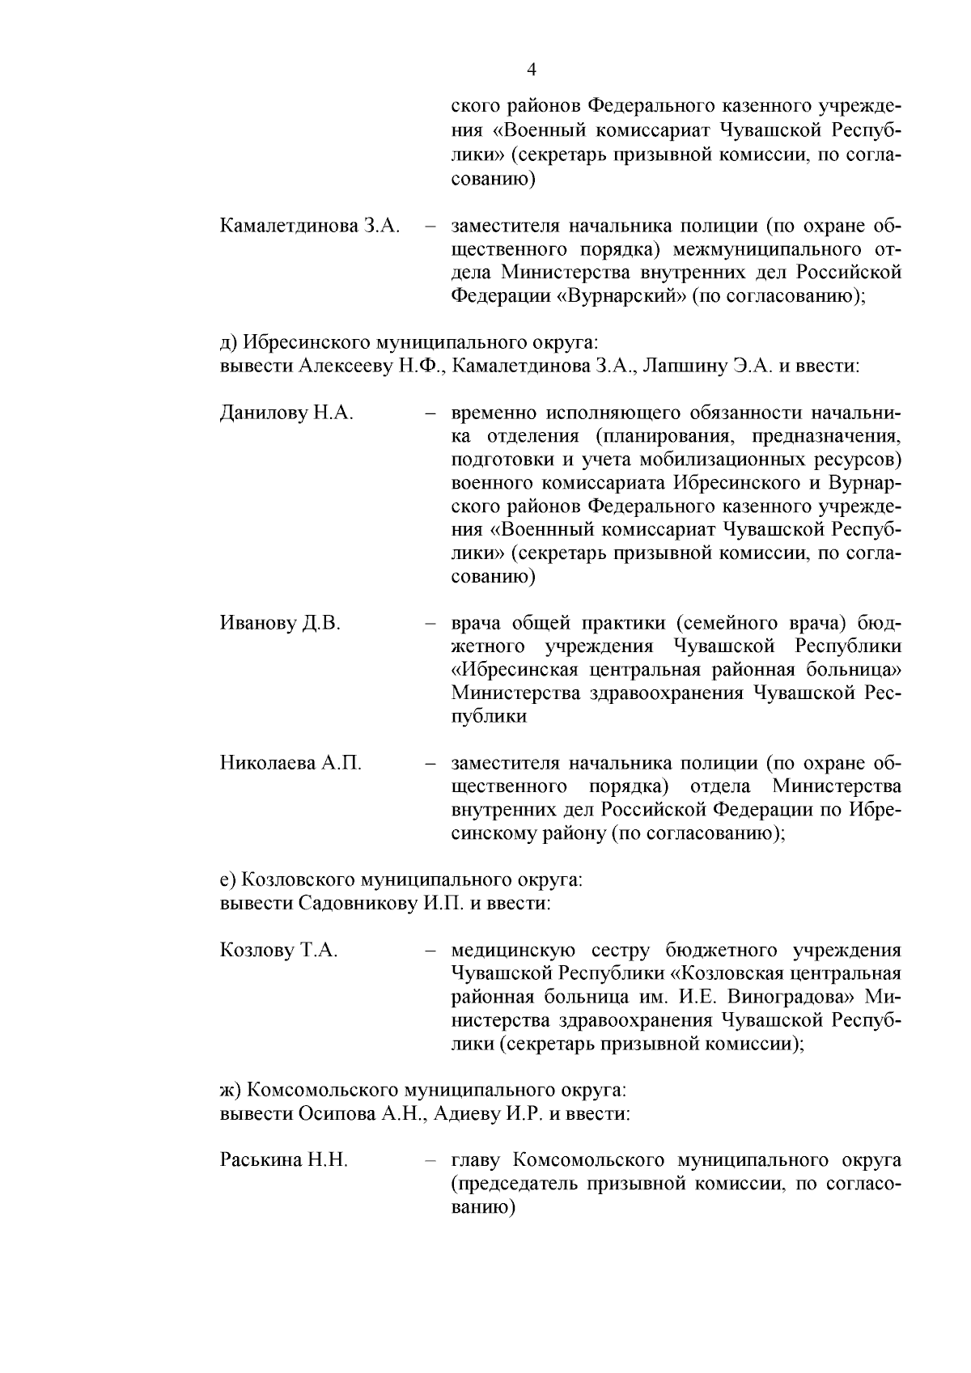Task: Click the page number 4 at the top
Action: pyautogui.click(x=532, y=70)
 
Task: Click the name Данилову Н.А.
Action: pyautogui.click(x=286, y=413)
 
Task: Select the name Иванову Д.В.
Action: pyautogui.click(x=280, y=623)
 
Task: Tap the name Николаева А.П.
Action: pyautogui.click(x=290, y=763)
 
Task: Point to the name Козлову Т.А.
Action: pyautogui.click(x=278, y=950)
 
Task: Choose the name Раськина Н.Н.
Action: pyautogui.click(x=283, y=1160)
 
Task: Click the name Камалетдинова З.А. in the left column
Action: pyautogui.click(x=311, y=226)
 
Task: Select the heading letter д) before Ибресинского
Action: pyautogui.click(x=227, y=342)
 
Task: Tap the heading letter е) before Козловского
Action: pyautogui.click(x=227, y=879)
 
